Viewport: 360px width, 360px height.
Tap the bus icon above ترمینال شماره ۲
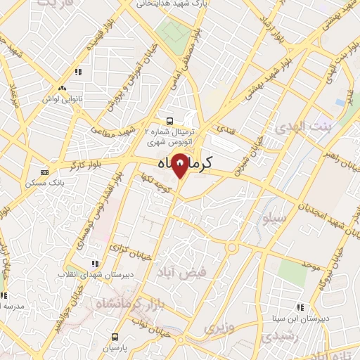click(x=169, y=120)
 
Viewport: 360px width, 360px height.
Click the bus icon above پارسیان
click(x=115, y=336)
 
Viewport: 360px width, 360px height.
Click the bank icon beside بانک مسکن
click(x=44, y=172)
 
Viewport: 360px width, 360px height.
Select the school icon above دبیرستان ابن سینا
click(x=301, y=307)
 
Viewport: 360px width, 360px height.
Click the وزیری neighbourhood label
click(x=218, y=328)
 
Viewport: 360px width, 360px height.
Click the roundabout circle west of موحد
click(x=231, y=247)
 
